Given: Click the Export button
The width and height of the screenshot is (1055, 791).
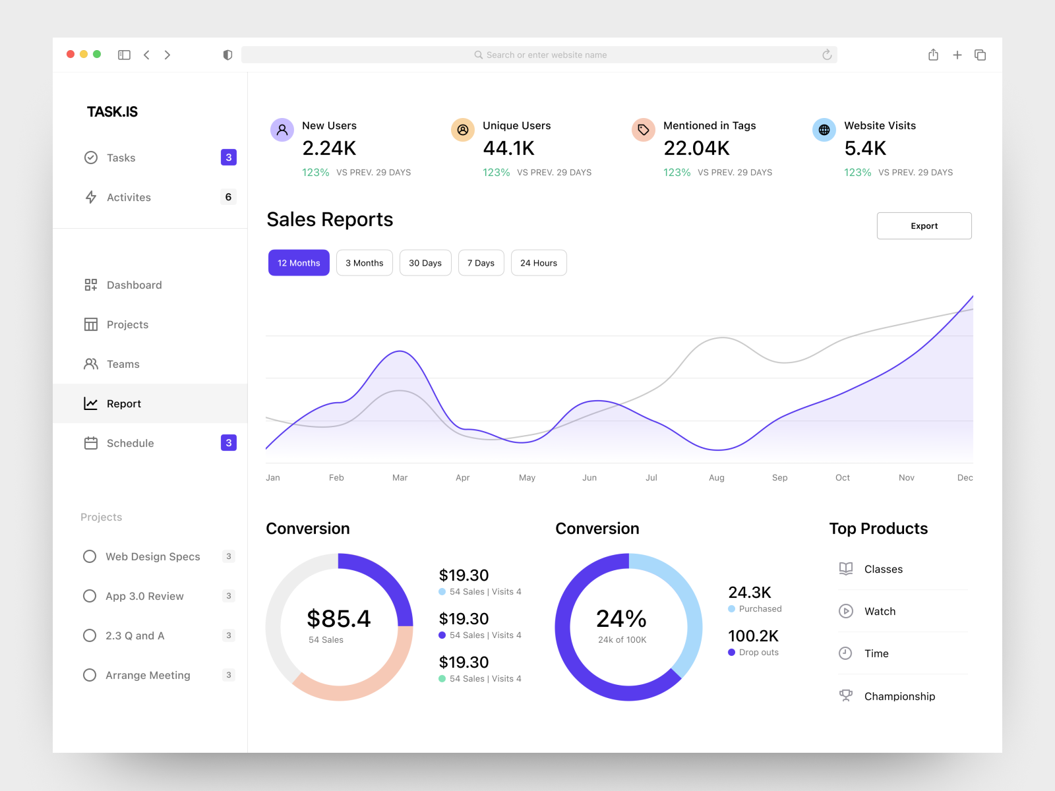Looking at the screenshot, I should tap(924, 225).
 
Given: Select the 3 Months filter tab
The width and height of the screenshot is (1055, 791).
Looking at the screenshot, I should tap(364, 262).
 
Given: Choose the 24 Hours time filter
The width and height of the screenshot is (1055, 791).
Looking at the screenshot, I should tap(538, 262).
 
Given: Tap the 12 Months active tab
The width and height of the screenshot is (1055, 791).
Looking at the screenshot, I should tap(299, 262).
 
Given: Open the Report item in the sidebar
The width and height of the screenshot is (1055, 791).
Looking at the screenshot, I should tap(124, 403).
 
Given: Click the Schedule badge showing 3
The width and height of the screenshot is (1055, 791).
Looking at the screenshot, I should tap(228, 443).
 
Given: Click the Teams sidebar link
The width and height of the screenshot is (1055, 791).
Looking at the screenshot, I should tap(123, 364).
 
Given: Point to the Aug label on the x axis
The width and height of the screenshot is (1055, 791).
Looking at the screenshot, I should tap(716, 477).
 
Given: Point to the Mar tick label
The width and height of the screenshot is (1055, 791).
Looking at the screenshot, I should tap(400, 477).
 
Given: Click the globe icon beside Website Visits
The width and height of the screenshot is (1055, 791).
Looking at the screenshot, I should tap(824, 130).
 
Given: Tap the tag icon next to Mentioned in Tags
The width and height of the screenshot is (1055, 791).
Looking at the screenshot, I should tap(643, 130).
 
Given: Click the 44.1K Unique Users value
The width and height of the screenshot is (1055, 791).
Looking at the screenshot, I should tap(508, 148).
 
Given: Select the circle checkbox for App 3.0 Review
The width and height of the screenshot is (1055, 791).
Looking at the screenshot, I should tap(90, 596).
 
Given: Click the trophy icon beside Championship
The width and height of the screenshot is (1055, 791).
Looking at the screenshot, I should tap(845, 695).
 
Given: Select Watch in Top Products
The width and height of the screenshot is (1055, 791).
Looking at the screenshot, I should tap(880, 611).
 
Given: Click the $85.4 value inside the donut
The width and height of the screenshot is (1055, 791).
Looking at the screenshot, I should tap(338, 618).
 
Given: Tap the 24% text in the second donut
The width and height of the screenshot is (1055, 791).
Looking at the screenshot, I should tap(621, 618).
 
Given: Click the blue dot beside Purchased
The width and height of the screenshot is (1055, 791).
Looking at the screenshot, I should tap(731, 609).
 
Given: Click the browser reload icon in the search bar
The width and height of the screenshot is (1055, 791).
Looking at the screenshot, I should tap(826, 55).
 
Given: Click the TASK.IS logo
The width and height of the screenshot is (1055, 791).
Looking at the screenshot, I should tap(112, 112).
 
